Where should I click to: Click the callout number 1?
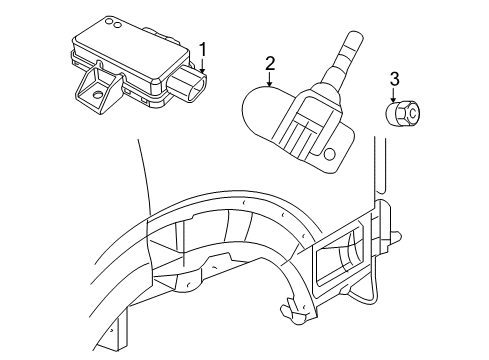coord(204,49)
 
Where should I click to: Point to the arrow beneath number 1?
coord(204,68)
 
